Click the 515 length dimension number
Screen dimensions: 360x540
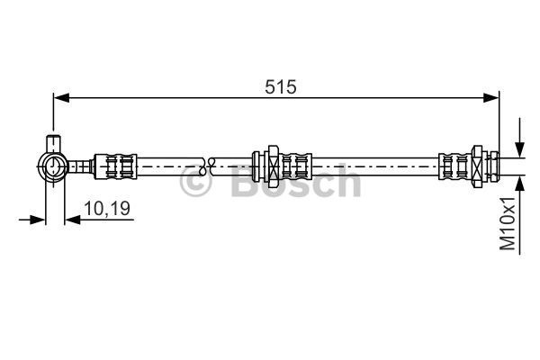coord(280,86)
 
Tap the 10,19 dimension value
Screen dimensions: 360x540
coord(107,209)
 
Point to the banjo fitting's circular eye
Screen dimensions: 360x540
coord(52,165)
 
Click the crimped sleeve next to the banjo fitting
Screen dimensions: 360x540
coord(117,165)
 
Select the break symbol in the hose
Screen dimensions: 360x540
coord(206,165)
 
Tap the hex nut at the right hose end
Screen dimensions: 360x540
coord(491,165)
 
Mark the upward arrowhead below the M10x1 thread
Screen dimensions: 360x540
coord(519,179)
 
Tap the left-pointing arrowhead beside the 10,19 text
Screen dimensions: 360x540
coord(72,218)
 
